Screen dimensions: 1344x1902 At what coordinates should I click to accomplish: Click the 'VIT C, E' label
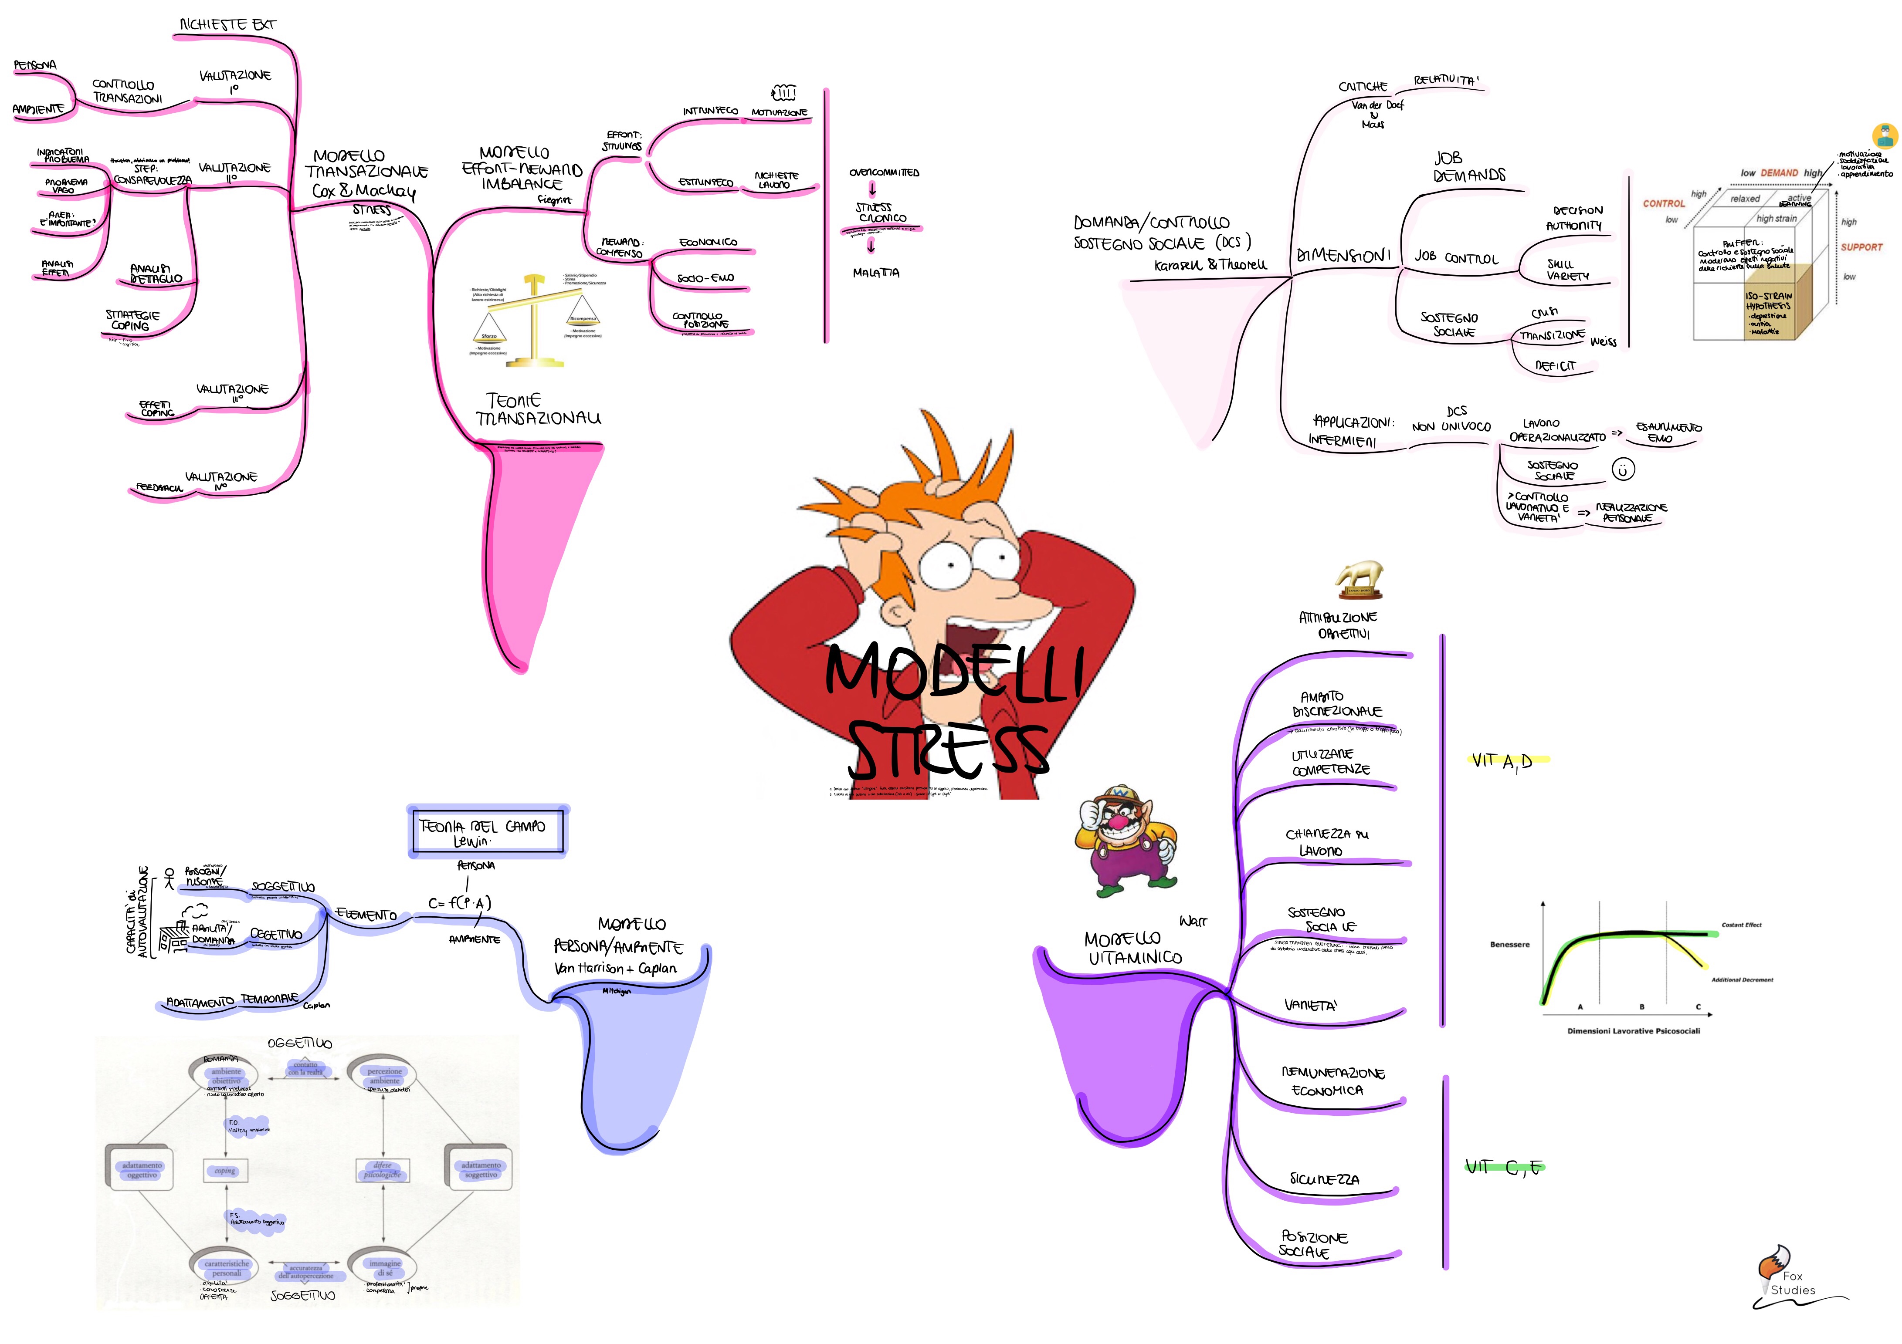coord(1503,1168)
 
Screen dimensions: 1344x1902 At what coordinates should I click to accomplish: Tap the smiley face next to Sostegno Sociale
coord(1623,469)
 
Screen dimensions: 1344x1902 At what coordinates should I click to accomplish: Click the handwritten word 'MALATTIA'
coord(875,273)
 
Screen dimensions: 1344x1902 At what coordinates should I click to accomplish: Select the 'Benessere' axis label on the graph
coord(1509,944)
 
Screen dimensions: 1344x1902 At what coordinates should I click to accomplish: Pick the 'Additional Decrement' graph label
coord(1742,979)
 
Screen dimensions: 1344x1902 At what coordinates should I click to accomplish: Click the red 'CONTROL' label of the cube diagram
coord(1663,203)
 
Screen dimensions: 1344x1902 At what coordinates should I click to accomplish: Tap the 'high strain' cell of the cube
coord(1776,219)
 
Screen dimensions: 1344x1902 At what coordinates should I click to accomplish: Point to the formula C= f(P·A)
coord(460,903)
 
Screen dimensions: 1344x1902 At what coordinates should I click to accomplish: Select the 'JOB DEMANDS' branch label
coord(1469,166)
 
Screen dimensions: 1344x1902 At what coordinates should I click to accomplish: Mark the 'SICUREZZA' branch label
coord(1324,1179)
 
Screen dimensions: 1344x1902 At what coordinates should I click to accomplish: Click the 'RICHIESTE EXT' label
coord(228,25)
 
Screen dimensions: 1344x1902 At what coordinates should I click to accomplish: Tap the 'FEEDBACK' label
coord(159,488)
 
